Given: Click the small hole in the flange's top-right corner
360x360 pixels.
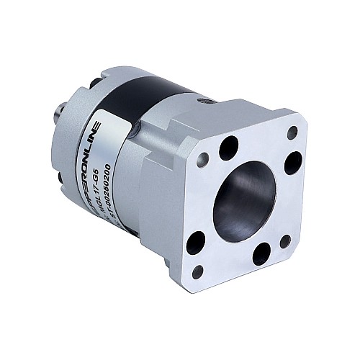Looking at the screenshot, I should pyautogui.click(x=292, y=132).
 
